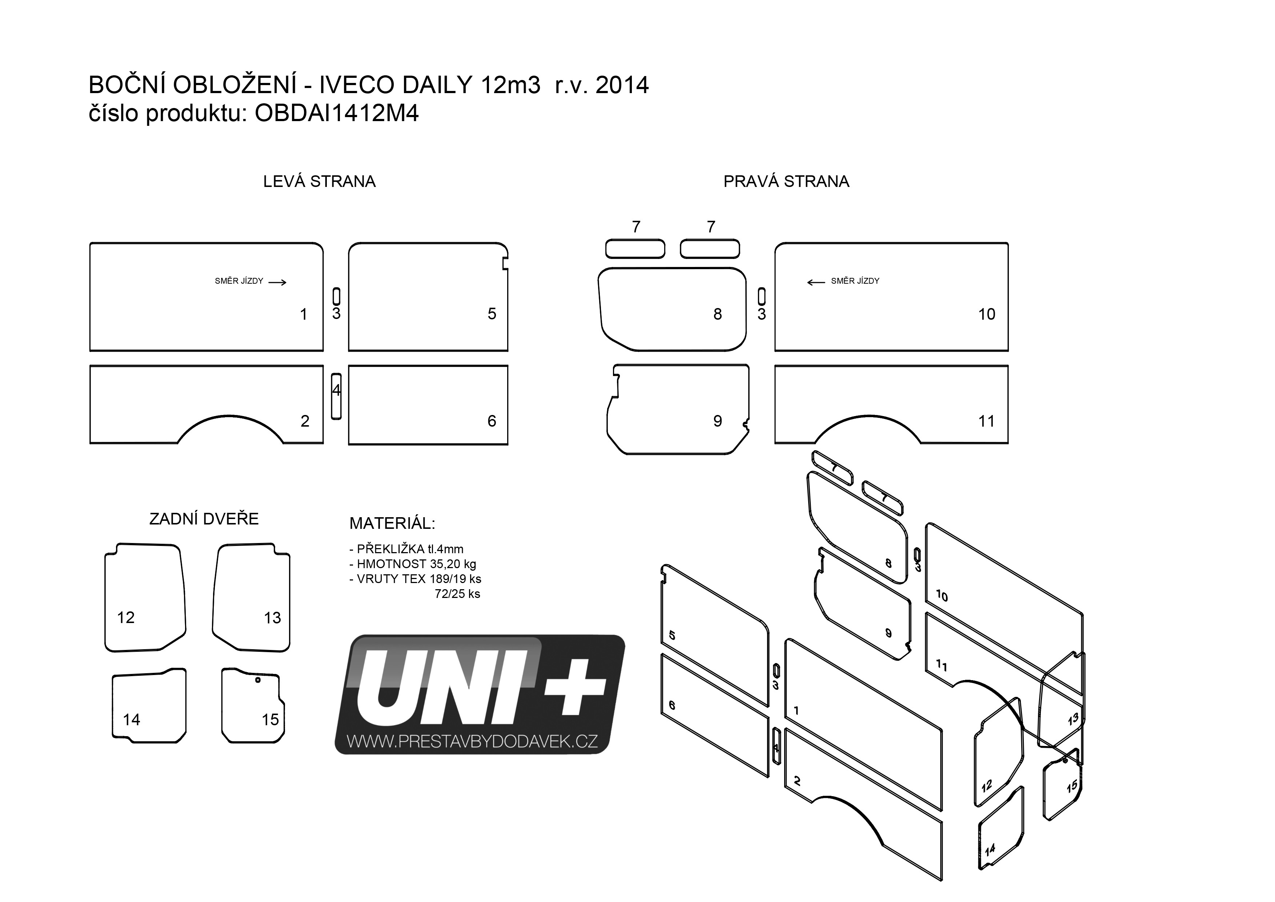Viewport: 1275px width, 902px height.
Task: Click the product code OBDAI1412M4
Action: (337, 113)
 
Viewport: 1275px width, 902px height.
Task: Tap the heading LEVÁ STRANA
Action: (319, 181)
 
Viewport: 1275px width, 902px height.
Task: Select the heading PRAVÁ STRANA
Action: (786, 181)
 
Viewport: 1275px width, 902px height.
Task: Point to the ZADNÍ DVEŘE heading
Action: (204, 519)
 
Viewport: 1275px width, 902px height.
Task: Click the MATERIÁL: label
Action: (392, 523)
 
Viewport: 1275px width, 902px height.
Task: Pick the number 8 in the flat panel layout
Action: (717, 314)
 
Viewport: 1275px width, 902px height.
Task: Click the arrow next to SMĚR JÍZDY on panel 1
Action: (277, 282)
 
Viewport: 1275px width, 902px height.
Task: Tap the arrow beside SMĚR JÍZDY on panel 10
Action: (816, 282)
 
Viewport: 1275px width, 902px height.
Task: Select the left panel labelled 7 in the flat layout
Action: (635, 249)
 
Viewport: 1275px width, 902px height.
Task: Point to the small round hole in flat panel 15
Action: (258, 680)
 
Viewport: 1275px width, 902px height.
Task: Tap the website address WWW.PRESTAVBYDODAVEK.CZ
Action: (472, 742)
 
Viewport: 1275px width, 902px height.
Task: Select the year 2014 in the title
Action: (622, 85)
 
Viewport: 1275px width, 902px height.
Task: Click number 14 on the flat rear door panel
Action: (132, 720)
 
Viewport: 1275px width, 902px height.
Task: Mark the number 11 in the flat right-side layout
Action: (986, 422)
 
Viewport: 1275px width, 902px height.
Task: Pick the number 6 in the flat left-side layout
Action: (492, 421)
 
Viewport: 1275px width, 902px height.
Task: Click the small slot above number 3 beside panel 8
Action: (761, 296)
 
